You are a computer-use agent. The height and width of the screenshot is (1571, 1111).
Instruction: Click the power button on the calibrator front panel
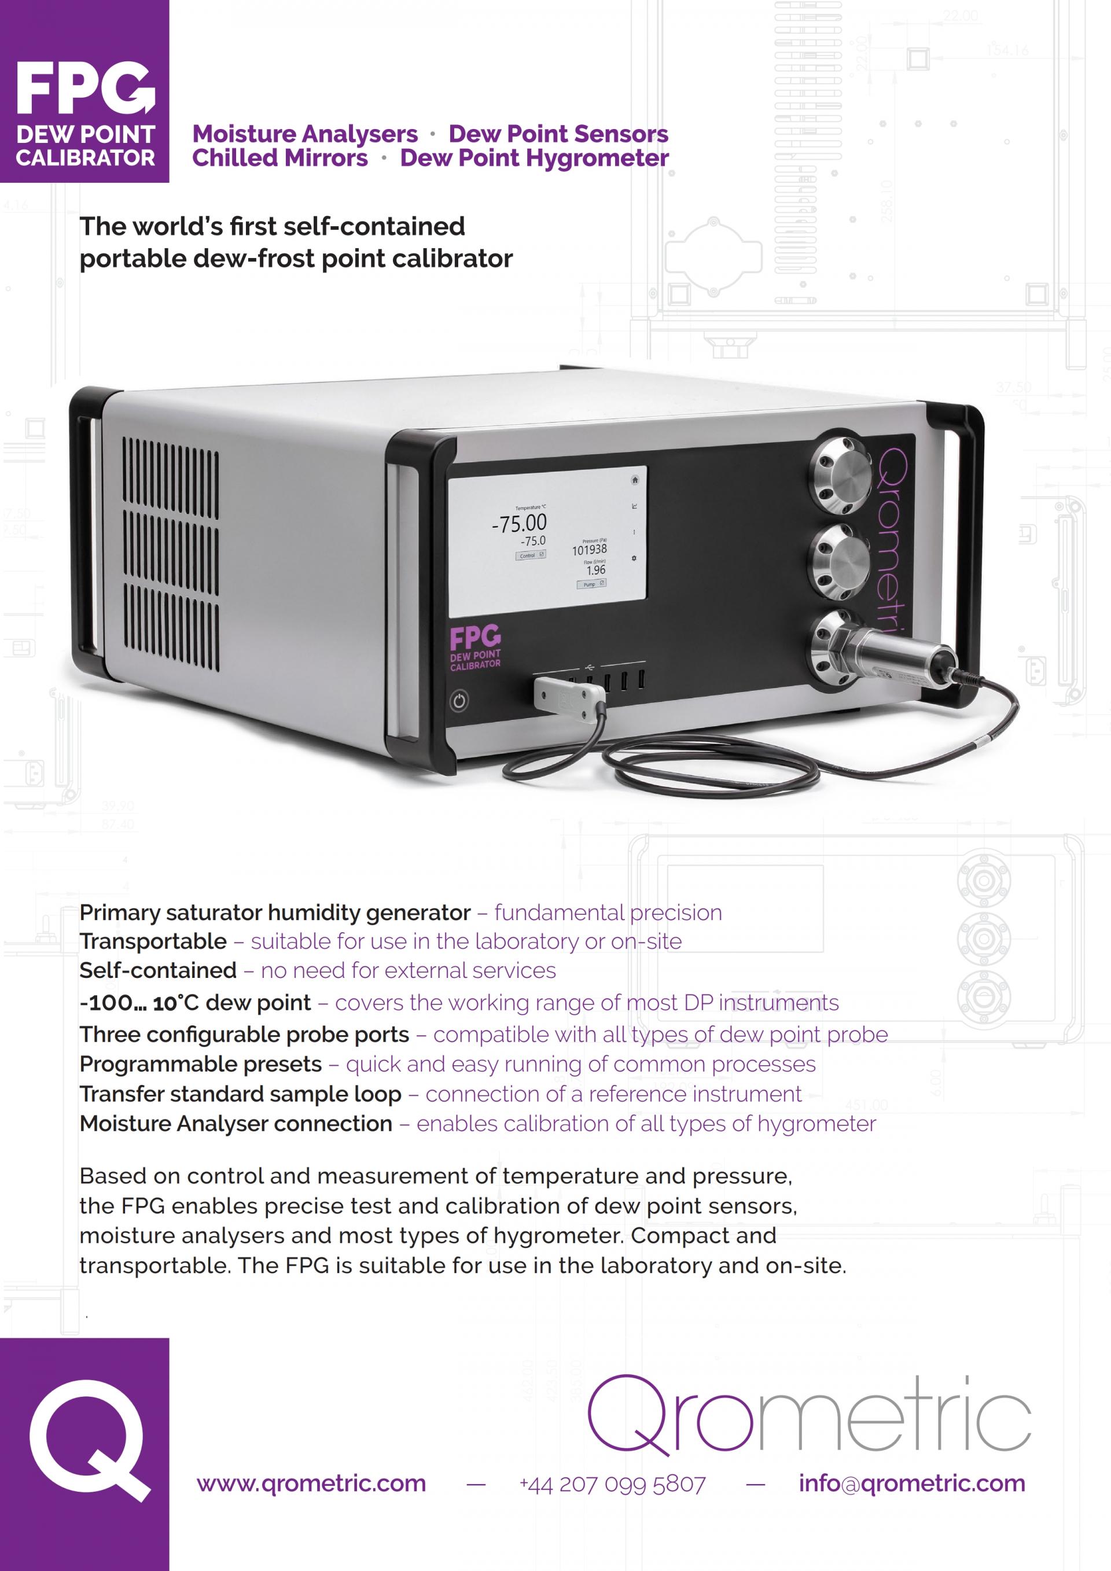click(x=459, y=701)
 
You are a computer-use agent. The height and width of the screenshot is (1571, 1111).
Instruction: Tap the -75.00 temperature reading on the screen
click(x=519, y=524)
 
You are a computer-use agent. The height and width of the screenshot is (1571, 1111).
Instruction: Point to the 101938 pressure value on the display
click(x=589, y=550)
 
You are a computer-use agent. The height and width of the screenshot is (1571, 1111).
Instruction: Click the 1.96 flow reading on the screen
click(x=595, y=570)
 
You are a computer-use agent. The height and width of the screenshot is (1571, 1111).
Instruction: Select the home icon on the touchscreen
click(x=635, y=480)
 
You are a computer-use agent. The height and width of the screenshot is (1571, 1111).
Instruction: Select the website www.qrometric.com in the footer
click(x=311, y=1484)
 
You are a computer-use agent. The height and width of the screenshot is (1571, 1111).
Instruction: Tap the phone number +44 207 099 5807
click(x=612, y=1484)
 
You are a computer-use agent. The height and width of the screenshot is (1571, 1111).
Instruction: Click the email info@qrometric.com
click(x=912, y=1484)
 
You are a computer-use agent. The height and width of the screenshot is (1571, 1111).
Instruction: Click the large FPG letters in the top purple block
click(x=85, y=89)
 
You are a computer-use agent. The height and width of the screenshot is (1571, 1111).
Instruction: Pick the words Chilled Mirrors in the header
click(x=280, y=158)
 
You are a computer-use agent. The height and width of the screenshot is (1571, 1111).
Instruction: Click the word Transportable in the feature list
click(x=153, y=941)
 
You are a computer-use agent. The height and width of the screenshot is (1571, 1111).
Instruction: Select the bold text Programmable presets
click(x=200, y=1064)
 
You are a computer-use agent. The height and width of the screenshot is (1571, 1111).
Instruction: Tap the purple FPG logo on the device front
click(x=474, y=639)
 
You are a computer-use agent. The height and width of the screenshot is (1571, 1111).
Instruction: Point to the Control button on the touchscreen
click(x=530, y=555)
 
